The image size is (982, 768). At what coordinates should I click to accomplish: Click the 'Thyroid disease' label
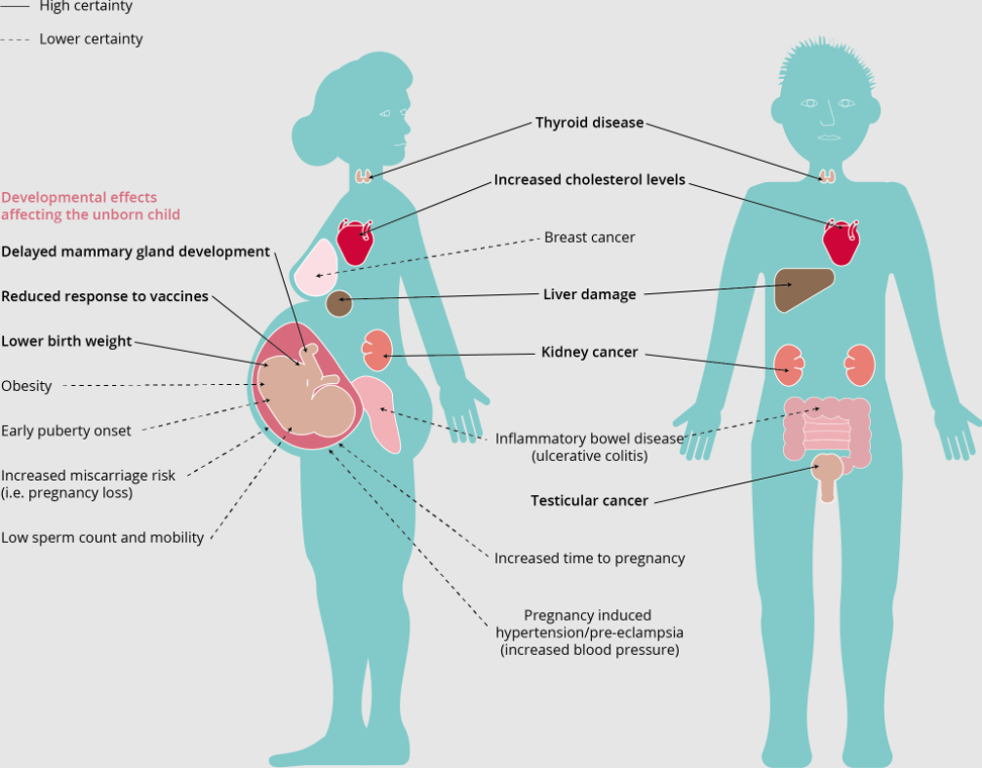[589, 123]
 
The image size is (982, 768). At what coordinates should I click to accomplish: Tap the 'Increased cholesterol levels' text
[589, 180]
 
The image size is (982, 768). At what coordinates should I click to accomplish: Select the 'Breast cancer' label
[589, 237]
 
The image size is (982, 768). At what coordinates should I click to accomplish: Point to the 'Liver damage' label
[589, 294]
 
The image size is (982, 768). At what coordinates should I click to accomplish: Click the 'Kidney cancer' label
[589, 352]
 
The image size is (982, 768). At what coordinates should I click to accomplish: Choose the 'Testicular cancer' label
[589, 501]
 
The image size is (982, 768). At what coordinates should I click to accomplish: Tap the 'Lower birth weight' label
[66, 341]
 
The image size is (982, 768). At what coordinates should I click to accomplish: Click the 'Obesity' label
[26, 386]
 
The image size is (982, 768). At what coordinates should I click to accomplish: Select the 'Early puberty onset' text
[65, 431]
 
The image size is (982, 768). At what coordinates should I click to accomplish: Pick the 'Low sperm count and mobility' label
[102, 538]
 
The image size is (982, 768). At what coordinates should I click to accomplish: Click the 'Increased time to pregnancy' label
[589, 558]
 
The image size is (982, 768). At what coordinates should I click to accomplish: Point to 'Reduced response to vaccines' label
[104, 296]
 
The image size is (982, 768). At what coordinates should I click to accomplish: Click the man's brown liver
[803, 288]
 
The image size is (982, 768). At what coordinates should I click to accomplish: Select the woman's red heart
[355, 242]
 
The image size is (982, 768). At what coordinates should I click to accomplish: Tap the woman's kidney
[377, 351]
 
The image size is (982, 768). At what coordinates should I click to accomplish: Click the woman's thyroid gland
[363, 175]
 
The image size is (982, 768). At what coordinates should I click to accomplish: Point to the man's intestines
[827, 432]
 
